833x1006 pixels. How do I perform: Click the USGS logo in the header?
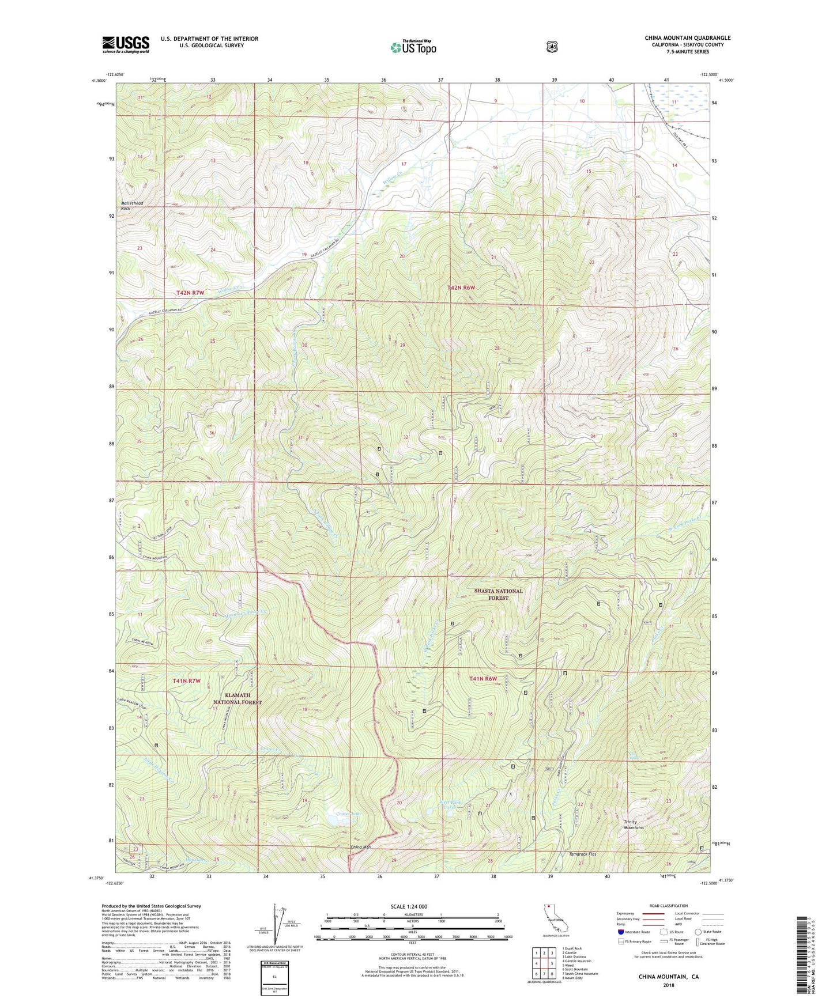pos(126,44)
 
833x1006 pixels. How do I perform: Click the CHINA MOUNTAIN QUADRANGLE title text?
pos(687,38)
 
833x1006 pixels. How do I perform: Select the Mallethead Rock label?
pos(132,206)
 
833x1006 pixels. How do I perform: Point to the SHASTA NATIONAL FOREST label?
pos(498,594)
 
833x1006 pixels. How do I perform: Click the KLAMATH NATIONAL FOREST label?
pos(238,699)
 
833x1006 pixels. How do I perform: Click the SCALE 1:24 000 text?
pos(409,906)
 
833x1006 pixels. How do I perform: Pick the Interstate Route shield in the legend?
pos(620,932)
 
